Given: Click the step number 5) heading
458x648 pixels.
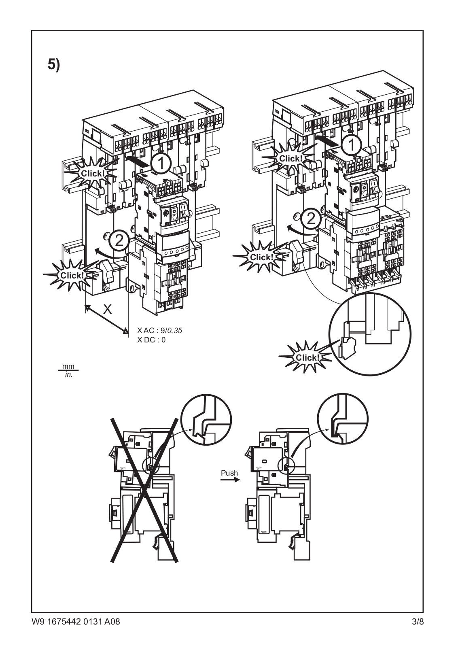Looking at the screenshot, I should click(x=54, y=65).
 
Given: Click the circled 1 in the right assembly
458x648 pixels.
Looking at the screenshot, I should click(x=352, y=144).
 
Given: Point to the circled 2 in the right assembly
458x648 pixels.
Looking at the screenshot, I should click(x=311, y=219).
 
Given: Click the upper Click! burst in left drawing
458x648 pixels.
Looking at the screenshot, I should click(x=93, y=173).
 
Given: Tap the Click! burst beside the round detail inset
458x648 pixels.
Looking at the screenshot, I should click(x=307, y=357).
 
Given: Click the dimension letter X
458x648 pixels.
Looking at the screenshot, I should click(x=107, y=310).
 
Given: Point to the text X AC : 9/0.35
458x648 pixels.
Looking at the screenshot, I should click(x=159, y=331).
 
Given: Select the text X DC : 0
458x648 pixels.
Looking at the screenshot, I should click(x=151, y=340).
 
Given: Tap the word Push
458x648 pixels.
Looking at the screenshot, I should click(x=229, y=473).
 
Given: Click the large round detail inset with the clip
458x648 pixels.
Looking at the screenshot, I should click(x=370, y=334).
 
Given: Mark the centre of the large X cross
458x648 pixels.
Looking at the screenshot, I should click(x=144, y=491).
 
